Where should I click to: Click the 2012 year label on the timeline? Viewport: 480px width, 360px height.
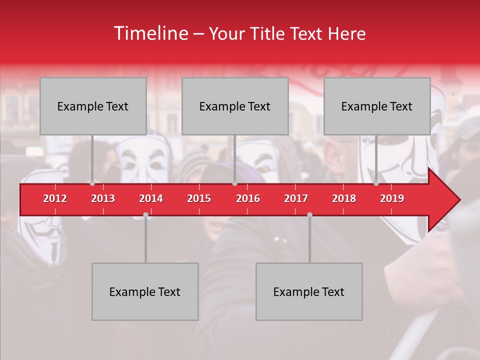(x=55, y=198)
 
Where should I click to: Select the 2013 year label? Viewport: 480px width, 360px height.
(x=103, y=198)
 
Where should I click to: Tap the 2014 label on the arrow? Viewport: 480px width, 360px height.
(x=151, y=198)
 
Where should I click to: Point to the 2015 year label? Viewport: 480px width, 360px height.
(x=199, y=198)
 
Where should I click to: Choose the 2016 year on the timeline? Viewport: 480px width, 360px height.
(x=248, y=198)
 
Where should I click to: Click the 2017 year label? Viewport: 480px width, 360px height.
(x=296, y=198)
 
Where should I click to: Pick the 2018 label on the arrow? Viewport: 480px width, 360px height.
(x=344, y=198)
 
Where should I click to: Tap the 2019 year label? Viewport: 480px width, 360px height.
(x=392, y=198)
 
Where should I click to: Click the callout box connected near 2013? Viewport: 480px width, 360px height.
(x=93, y=106)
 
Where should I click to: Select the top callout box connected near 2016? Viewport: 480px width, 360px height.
(x=235, y=106)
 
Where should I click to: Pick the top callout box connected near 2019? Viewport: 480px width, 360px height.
(x=377, y=106)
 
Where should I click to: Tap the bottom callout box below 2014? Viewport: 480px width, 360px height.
(x=145, y=291)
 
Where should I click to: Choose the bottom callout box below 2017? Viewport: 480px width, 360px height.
(x=309, y=291)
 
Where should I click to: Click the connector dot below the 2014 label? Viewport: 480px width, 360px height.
(x=145, y=214)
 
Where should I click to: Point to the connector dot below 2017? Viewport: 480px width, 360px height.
(x=309, y=214)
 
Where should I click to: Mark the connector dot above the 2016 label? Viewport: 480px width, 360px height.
(x=234, y=183)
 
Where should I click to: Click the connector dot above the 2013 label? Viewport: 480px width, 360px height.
(x=92, y=183)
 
